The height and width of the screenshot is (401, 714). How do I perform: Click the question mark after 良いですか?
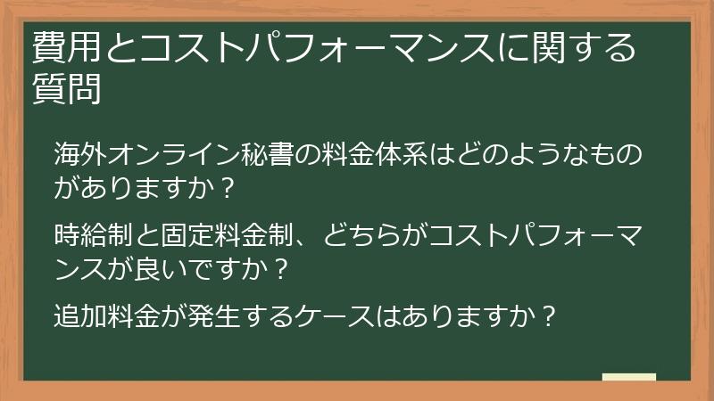coord(284,268)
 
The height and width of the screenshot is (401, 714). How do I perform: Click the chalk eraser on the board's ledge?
coord(628,377)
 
